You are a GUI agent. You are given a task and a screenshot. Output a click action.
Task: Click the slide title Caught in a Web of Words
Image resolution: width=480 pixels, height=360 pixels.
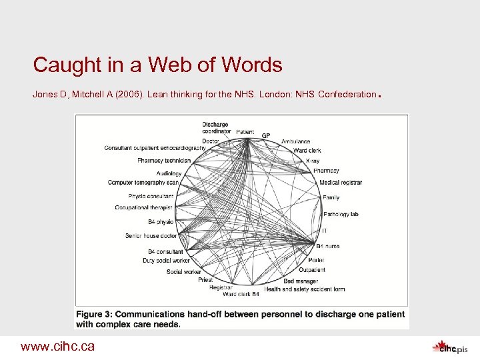tap(157, 65)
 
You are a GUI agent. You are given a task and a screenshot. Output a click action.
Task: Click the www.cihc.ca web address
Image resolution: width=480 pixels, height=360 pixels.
tap(57, 346)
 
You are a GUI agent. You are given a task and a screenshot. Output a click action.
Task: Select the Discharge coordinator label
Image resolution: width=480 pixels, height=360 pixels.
tap(215, 127)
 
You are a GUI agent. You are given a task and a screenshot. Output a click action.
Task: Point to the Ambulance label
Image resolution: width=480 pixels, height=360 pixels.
tap(295, 142)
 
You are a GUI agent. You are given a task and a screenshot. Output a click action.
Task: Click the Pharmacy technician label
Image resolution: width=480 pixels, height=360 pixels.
tap(164, 160)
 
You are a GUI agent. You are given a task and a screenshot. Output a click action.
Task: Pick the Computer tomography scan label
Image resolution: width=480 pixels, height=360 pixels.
tap(143, 182)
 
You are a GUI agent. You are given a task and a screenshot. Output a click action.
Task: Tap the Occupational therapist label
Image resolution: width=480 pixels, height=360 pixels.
tap(144, 208)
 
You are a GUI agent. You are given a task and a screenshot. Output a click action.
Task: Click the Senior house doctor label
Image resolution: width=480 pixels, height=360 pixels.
tap(151, 235)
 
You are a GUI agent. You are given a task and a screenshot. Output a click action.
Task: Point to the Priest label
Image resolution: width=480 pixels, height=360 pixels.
tap(205, 280)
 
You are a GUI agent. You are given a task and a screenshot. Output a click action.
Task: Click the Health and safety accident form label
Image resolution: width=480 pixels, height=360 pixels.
tap(304, 289)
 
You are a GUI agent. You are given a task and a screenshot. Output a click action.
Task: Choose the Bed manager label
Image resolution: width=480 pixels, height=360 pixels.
tap(301, 281)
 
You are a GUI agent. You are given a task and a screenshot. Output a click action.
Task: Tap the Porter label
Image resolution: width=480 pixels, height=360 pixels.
tap(316, 260)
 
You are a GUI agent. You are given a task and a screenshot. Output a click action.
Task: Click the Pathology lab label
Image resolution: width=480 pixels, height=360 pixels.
tap(341, 214)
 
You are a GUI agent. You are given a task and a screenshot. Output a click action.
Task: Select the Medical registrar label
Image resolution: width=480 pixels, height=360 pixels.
tap(340, 182)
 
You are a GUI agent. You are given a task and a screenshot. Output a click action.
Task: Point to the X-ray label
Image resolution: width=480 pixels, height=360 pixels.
tap(313, 161)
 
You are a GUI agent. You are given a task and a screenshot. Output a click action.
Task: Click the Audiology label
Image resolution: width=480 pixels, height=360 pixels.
tap(169, 173)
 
